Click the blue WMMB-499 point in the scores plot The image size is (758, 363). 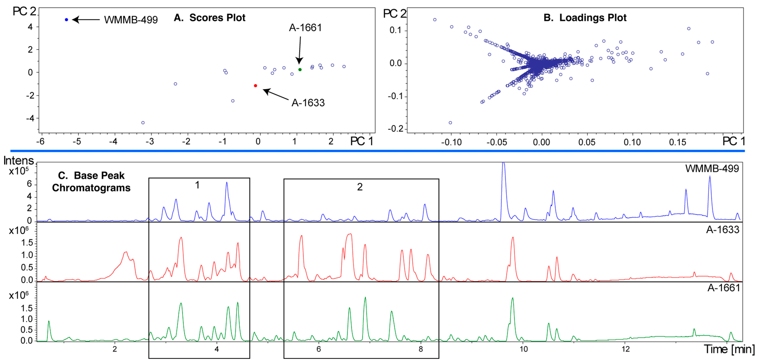(x=67, y=20)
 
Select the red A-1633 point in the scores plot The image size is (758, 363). (x=255, y=86)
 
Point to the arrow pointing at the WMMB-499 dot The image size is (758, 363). (x=86, y=20)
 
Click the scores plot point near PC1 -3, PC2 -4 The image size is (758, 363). (x=143, y=123)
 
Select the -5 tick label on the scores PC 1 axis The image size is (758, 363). (x=77, y=142)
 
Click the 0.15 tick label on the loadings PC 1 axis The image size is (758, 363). (x=677, y=142)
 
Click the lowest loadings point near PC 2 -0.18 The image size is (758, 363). (x=450, y=123)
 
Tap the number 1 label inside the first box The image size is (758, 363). (x=197, y=185)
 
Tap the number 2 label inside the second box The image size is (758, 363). (x=360, y=187)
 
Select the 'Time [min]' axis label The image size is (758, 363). (x=729, y=350)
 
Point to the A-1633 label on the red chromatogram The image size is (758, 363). (x=722, y=230)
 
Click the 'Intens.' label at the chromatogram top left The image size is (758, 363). (x=19, y=161)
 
